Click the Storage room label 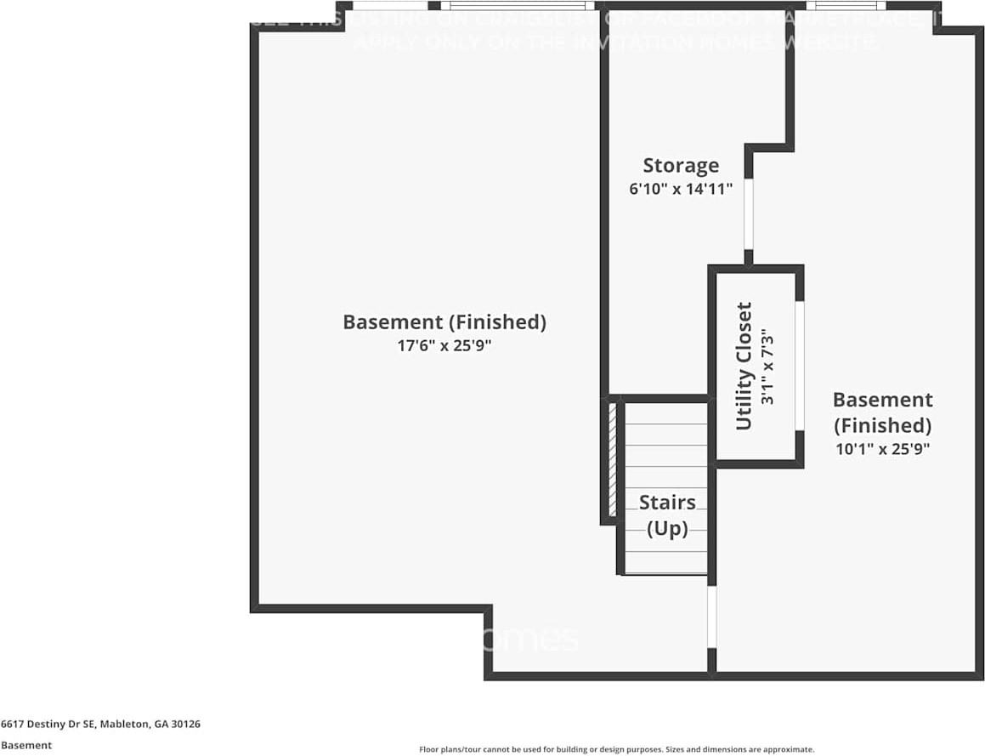(680, 166)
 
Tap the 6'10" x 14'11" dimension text (680, 190)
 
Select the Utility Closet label (744, 366)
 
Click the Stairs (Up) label (667, 515)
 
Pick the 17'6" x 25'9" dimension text (444, 346)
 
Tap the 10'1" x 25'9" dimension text (882, 449)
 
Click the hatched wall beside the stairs (611, 459)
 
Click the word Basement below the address (26, 745)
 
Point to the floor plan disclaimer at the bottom (617, 749)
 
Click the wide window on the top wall (518, 6)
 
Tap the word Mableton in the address (124, 725)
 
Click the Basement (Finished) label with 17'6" (444, 322)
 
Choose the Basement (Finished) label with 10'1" (882, 412)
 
